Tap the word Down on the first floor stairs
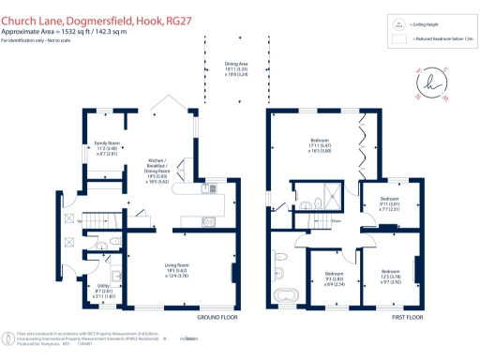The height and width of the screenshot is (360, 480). (336, 221)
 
